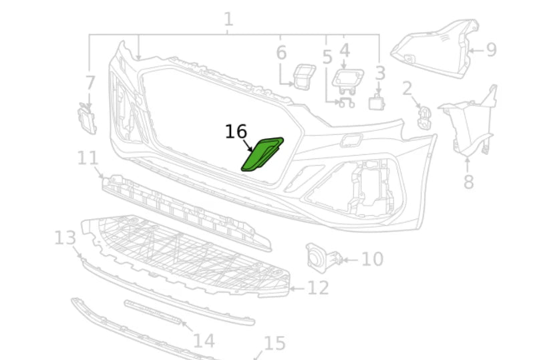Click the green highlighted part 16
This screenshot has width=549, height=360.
click(x=262, y=155)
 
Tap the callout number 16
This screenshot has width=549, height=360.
click(x=236, y=132)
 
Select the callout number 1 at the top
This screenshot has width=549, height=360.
click(x=228, y=19)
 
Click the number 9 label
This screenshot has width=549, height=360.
click(x=492, y=50)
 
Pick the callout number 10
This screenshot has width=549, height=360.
click(x=373, y=258)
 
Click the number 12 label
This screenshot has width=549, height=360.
click(x=318, y=288)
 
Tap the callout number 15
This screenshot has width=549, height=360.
click(x=274, y=344)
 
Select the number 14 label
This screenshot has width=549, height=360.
click(x=204, y=341)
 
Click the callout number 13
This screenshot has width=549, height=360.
click(x=65, y=237)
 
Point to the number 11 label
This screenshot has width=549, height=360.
click(x=87, y=158)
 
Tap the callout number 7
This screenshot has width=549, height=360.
click(x=90, y=83)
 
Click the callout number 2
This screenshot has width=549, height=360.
click(x=407, y=87)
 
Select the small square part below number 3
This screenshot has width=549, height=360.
click(x=378, y=103)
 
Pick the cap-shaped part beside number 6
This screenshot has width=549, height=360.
click(x=304, y=75)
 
